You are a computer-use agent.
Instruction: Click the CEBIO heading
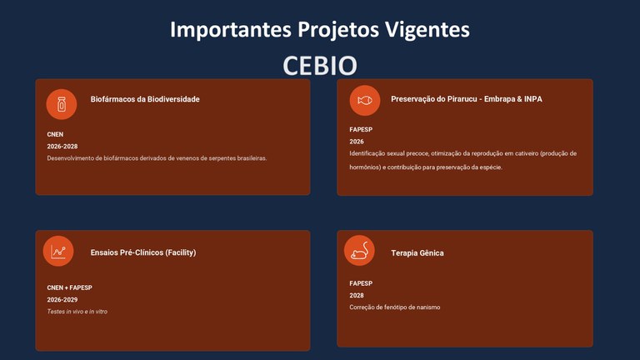320,66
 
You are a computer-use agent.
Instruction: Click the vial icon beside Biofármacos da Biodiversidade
61,104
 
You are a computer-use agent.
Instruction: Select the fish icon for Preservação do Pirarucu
364,100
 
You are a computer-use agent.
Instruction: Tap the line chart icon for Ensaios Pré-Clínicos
59,252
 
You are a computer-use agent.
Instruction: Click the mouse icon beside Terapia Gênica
360,251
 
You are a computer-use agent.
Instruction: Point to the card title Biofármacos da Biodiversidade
145,99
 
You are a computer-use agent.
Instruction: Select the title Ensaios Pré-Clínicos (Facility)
143,252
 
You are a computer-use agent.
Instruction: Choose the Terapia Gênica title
417,252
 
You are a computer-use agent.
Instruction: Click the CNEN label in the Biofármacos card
55,134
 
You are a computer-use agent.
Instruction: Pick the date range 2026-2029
62,300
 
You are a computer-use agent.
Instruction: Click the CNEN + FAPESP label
69,287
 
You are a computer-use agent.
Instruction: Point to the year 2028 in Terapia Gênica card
357,296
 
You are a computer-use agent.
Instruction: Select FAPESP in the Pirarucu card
361,129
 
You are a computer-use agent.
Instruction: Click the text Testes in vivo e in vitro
77,312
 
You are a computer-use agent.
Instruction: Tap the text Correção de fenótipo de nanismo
395,307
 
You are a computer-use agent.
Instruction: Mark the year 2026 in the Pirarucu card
357,142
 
